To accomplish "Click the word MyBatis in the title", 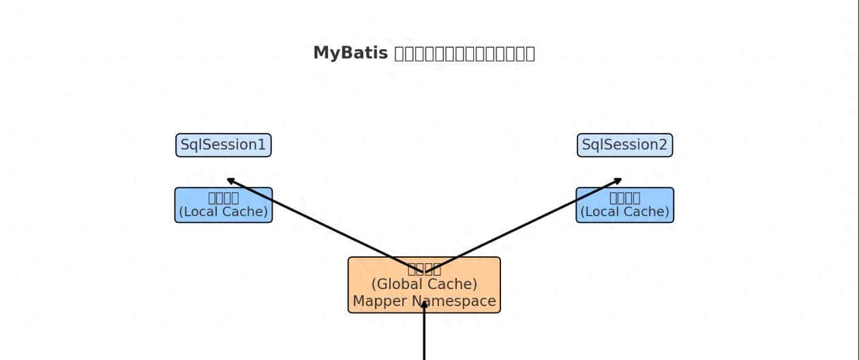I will coord(351,53).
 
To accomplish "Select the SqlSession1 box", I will coord(224,145).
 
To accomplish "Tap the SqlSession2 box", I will coord(624,145).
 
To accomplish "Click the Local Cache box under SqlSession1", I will coord(224,205).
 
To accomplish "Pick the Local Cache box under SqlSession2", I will coord(624,205).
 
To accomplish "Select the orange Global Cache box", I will coord(424,285).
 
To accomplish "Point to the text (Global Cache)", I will coord(424,284).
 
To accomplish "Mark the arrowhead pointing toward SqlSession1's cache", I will coord(230,180).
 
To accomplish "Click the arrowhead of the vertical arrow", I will coord(424,304).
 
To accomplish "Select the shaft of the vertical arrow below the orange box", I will coord(424,337).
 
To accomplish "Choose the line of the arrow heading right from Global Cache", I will coord(525,225).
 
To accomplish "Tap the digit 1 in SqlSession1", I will coord(262,145).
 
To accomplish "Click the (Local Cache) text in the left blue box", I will coord(224,212).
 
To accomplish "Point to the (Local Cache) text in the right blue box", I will coord(624,212).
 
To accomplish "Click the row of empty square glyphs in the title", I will coord(465,53).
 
